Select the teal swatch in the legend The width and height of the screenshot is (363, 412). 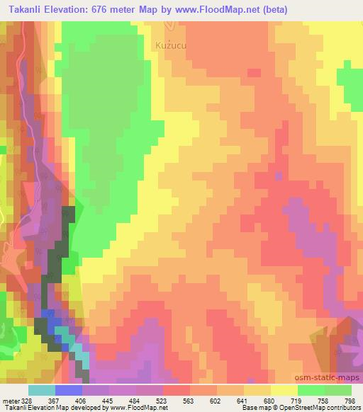tap(41, 390)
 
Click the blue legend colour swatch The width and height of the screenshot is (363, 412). tap(69, 390)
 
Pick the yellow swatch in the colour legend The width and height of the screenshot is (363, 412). tap(283, 390)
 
